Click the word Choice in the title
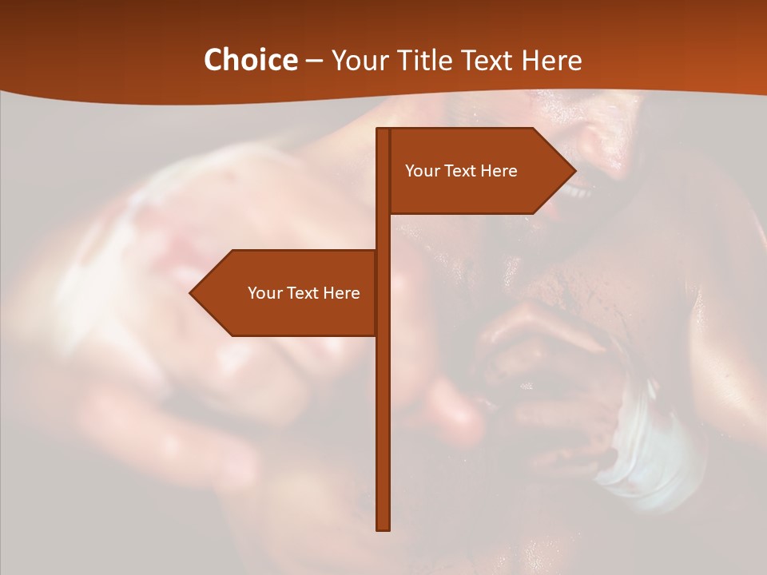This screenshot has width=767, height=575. tap(250, 60)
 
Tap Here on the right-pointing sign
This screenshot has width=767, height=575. tap(499, 171)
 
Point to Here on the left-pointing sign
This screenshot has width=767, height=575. tap(342, 293)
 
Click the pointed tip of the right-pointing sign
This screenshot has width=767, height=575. tap(574, 170)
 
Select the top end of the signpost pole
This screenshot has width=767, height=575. tap(383, 130)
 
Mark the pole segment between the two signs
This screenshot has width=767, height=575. tap(383, 232)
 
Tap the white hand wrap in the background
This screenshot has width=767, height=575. tap(639, 455)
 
